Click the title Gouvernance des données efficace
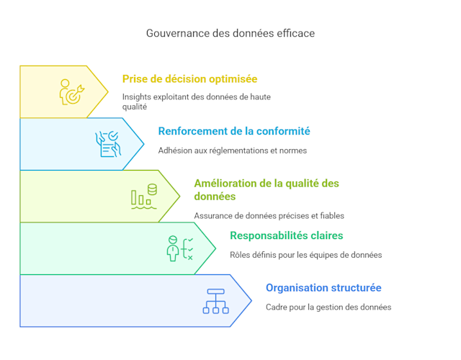(230, 33)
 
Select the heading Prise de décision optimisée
(189, 79)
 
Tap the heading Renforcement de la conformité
(234, 131)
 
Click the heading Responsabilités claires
(286, 235)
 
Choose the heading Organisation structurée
(323, 288)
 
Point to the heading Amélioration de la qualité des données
(266, 189)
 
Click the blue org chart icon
(215, 301)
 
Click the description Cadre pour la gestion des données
(328, 307)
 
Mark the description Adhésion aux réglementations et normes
(232, 150)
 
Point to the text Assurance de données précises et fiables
(269, 215)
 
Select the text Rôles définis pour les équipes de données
(305, 254)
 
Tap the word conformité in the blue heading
(281, 131)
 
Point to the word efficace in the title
(295, 33)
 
